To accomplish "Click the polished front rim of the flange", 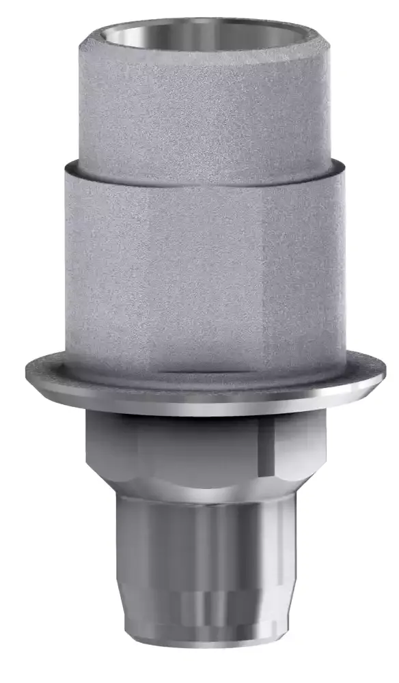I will [x=205, y=407].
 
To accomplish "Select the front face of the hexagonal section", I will [x=205, y=451].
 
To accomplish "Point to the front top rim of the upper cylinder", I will [x=205, y=52].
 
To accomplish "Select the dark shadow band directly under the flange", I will [x=205, y=418].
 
